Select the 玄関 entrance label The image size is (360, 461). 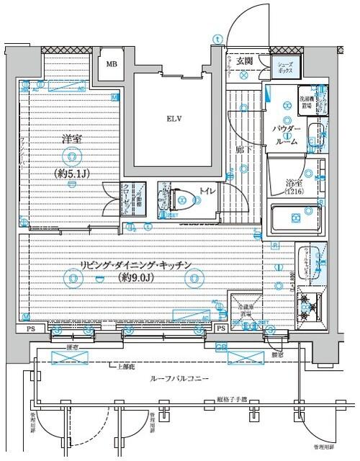[x=247, y=62]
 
